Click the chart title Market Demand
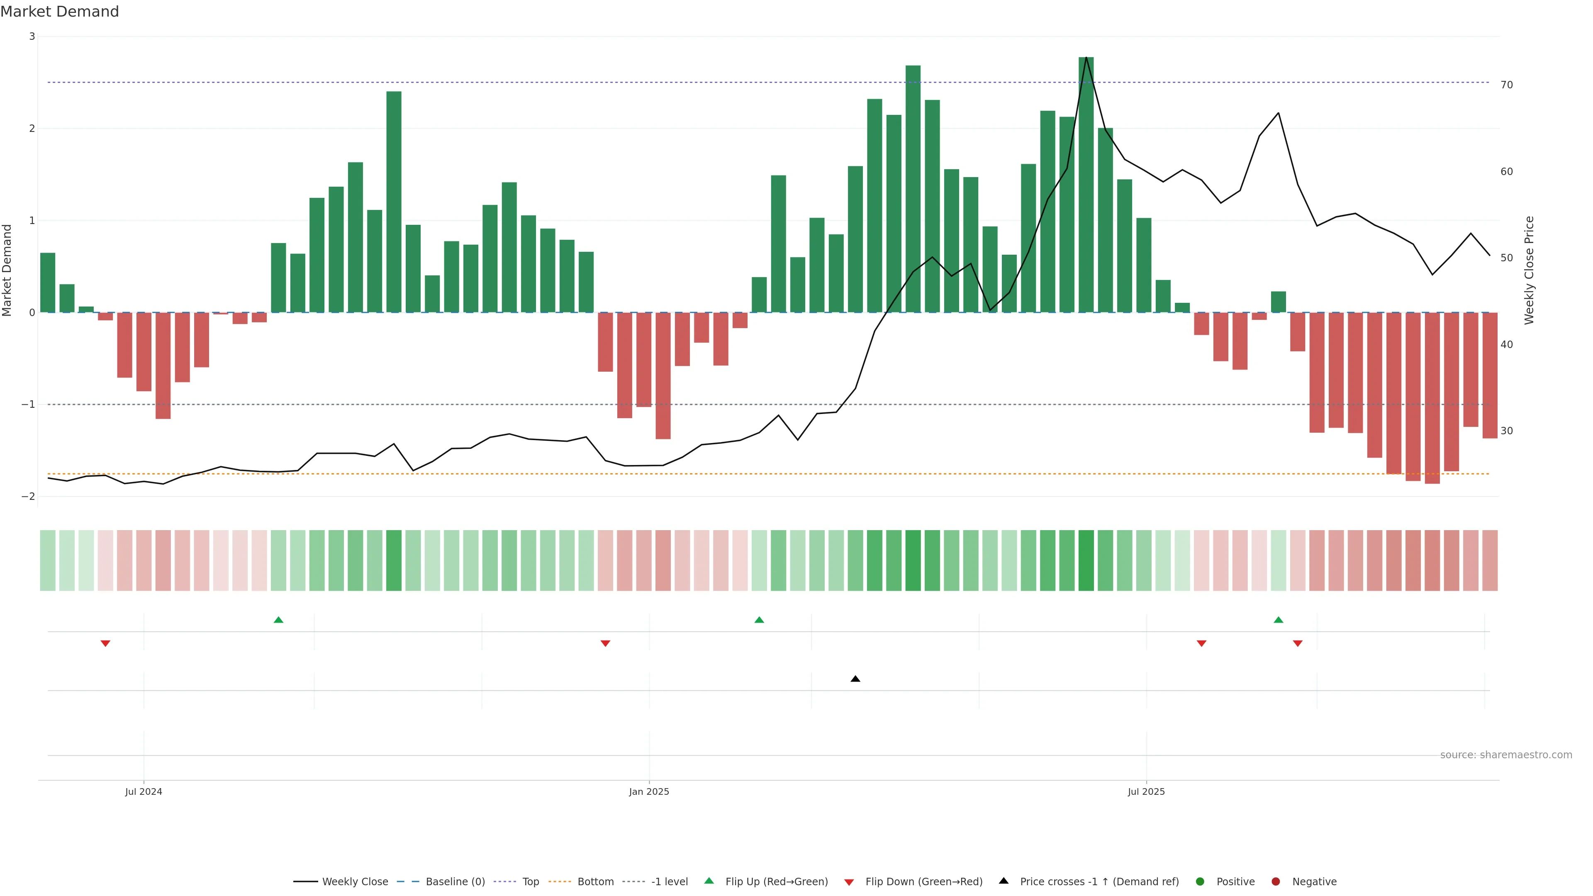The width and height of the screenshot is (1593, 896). coord(59,12)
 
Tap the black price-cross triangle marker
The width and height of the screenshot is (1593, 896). coord(855,679)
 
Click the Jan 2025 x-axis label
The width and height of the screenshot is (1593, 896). coord(649,791)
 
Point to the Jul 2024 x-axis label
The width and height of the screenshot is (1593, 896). coord(144,791)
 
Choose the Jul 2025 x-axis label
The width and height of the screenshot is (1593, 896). coord(1146,791)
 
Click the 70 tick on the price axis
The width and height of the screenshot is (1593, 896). coord(1506,85)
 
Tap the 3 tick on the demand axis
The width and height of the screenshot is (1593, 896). coord(32,37)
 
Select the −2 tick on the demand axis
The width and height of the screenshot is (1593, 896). coord(29,497)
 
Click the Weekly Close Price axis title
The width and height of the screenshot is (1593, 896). coord(1529,270)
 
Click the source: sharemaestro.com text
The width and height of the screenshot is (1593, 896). coord(1506,755)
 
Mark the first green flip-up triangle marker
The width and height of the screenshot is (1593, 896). coord(278,620)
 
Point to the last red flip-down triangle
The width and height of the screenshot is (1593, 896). coord(1297,644)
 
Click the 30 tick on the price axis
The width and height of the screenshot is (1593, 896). coord(1506,431)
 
